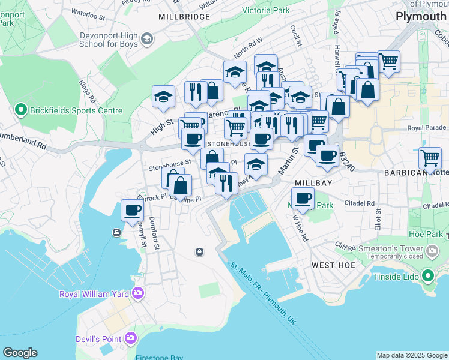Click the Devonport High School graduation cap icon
[146, 40]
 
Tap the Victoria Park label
[265, 10]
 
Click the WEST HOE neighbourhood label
[333, 265]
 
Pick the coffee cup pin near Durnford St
[132, 211]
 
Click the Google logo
[20, 353]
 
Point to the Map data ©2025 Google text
[412, 355]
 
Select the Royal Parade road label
[427, 128]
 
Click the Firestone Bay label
[158, 358]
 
